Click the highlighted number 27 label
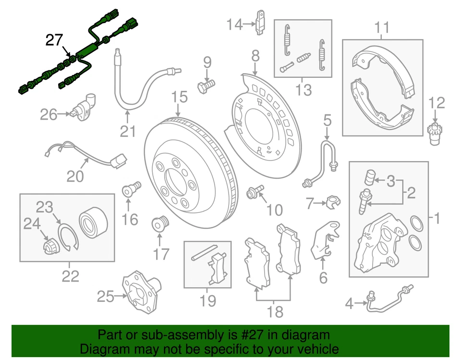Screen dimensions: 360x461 point(54,40)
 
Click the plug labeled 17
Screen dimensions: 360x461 point(159,224)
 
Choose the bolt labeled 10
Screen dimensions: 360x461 point(255,193)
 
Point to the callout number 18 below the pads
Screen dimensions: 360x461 point(275,312)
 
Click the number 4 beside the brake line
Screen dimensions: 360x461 point(350,303)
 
